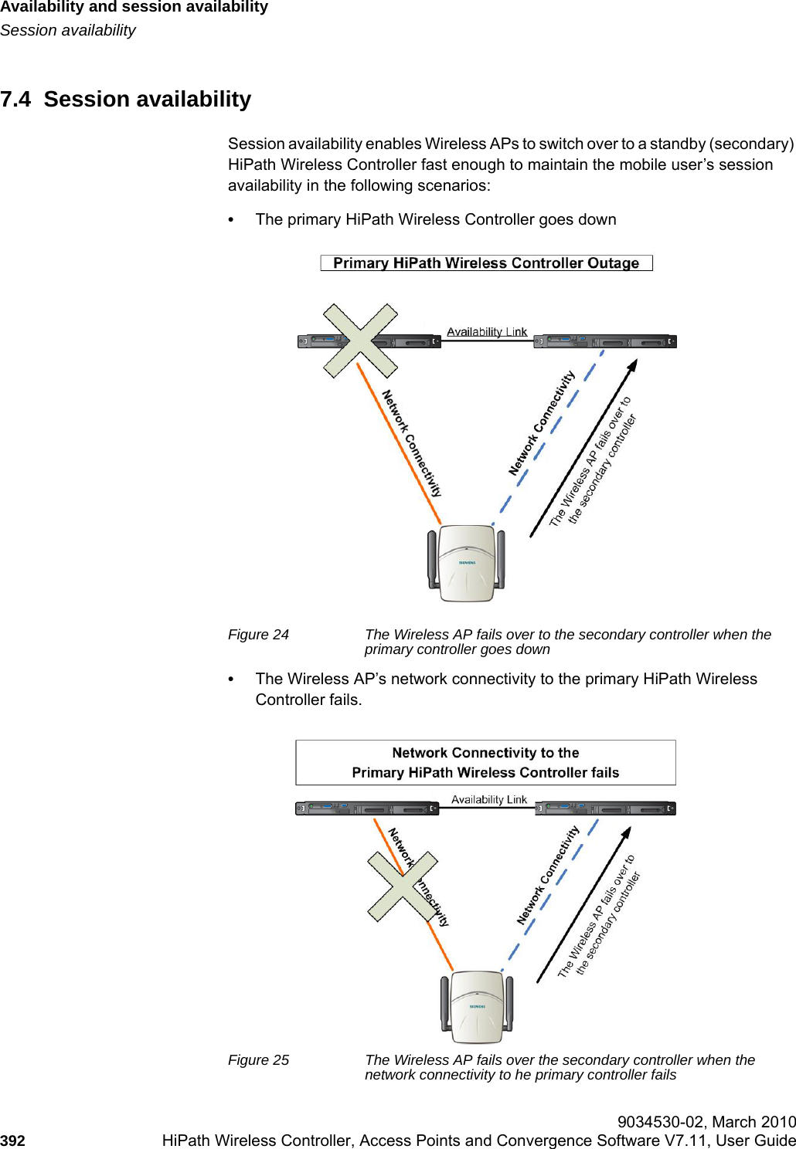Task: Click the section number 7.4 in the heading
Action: click(15, 100)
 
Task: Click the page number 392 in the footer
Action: click(12, 1141)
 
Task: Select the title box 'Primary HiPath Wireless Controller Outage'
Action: click(486, 263)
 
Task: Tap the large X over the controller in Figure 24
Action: click(360, 341)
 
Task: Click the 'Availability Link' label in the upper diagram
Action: click(487, 331)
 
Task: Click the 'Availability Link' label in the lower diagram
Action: click(488, 799)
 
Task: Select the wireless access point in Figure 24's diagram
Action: click(467, 563)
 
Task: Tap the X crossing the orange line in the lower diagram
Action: click(403, 886)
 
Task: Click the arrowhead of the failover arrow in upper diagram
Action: click(633, 365)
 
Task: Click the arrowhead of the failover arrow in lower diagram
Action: click(627, 833)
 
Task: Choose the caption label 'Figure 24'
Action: click(258, 635)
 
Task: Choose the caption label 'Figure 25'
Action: click(258, 1060)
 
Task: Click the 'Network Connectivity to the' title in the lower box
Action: click(485, 753)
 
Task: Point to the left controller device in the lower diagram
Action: click(366, 808)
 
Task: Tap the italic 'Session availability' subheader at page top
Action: click(68, 30)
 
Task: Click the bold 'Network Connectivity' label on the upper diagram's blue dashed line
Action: click(541, 423)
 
